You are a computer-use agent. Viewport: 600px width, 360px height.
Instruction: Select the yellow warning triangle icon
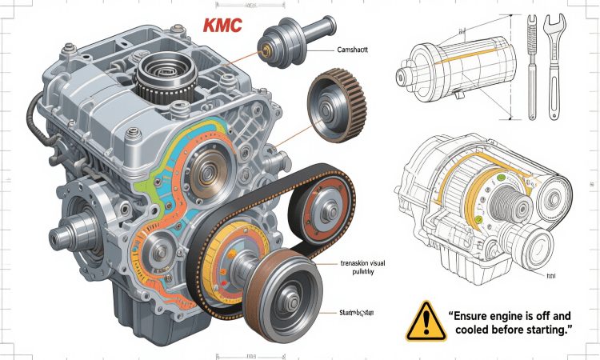pyautogui.click(x=426, y=322)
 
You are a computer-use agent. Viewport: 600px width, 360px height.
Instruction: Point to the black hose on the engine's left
pyautogui.click(x=34, y=120)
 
